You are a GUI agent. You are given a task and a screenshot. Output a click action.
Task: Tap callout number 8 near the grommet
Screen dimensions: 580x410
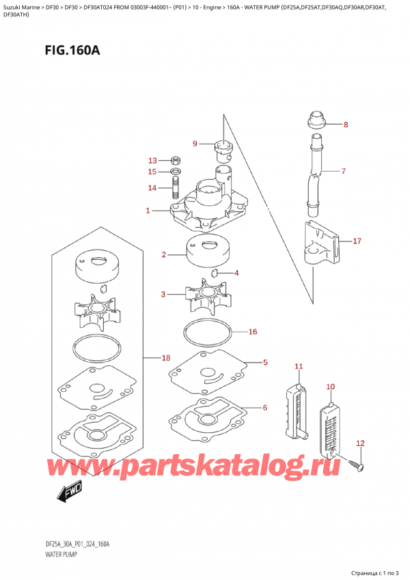coord(345,124)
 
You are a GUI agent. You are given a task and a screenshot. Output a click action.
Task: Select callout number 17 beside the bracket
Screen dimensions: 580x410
coord(356,241)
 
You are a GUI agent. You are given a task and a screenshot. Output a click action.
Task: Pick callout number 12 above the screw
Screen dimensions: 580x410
coord(361,443)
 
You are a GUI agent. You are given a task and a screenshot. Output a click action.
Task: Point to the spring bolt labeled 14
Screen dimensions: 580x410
coord(175,187)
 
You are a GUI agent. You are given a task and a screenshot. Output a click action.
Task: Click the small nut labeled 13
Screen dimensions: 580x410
coord(175,160)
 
